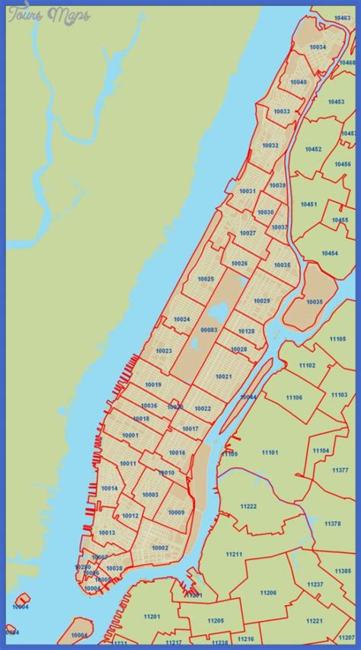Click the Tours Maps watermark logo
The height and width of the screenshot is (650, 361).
(x=48, y=14)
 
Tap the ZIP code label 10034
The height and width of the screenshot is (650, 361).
(x=318, y=47)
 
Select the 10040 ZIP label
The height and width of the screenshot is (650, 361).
(x=298, y=82)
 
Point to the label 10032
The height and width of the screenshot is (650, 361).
(x=270, y=145)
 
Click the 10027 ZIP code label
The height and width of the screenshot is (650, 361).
(x=248, y=233)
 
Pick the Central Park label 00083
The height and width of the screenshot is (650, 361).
(x=209, y=330)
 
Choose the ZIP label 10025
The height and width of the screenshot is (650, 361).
(x=205, y=280)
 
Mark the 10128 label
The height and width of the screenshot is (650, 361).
(x=246, y=331)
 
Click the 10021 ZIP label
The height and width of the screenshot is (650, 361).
(x=223, y=376)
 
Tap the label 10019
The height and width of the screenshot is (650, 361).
(x=153, y=385)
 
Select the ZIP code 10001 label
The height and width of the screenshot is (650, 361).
(x=129, y=435)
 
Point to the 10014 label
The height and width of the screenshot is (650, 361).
(x=109, y=488)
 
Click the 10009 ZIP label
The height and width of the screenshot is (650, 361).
(x=176, y=512)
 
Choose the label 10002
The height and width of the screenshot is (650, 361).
(x=159, y=548)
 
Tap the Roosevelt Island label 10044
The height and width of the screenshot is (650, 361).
(x=248, y=397)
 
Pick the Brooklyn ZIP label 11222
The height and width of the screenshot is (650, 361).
(x=248, y=507)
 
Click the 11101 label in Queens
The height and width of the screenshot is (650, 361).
(x=270, y=453)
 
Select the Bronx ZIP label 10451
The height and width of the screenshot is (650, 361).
(x=308, y=204)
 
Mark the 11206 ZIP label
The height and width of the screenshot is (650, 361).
(x=267, y=592)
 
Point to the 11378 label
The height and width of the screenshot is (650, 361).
(x=333, y=524)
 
